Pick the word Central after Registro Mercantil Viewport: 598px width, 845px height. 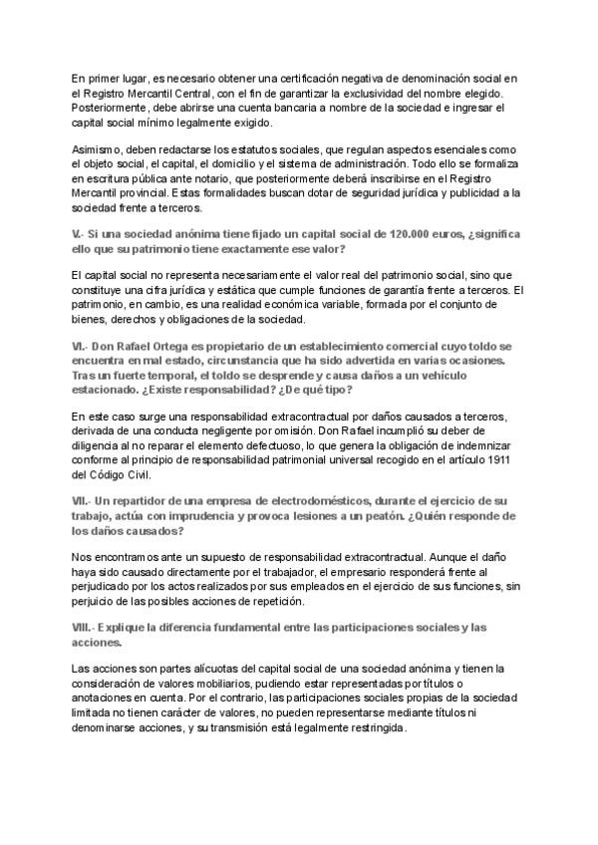(x=185, y=93)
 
